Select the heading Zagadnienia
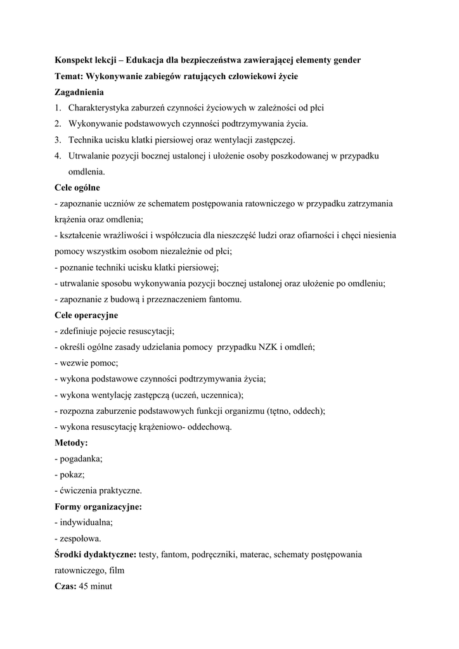[79, 92]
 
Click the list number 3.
[57, 139]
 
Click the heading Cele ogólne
[77, 188]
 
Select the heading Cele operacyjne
[86, 315]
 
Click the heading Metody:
[71, 442]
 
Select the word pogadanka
[81, 458]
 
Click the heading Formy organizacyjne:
[98, 506]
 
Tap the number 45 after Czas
[84, 586]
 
